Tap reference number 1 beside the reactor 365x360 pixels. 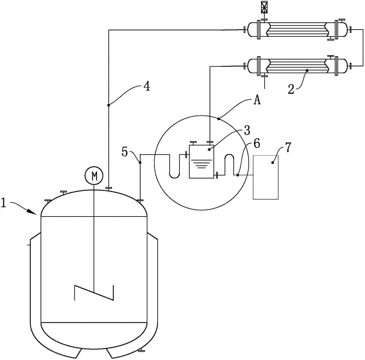[x=4, y=203]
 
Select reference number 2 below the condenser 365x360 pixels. [x=291, y=89]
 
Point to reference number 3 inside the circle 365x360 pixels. [x=247, y=131]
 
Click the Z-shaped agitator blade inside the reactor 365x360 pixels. [x=94, y=292]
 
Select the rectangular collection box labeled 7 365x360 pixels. [x=266, y=177]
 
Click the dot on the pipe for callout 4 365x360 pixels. [x=108, y=105]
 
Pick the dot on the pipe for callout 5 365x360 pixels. [x=140, y=162]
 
